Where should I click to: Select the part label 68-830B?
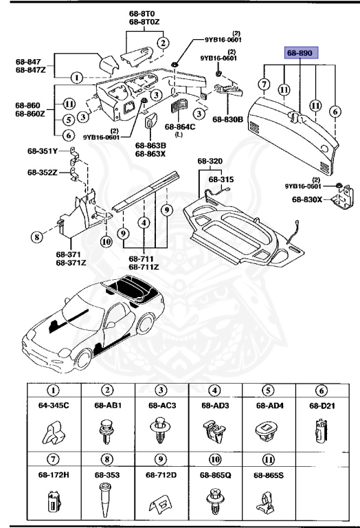point(229,120)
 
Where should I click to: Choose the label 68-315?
point(221,179)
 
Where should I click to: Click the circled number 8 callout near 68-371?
point(36,239)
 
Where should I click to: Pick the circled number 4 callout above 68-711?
point(144,223)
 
